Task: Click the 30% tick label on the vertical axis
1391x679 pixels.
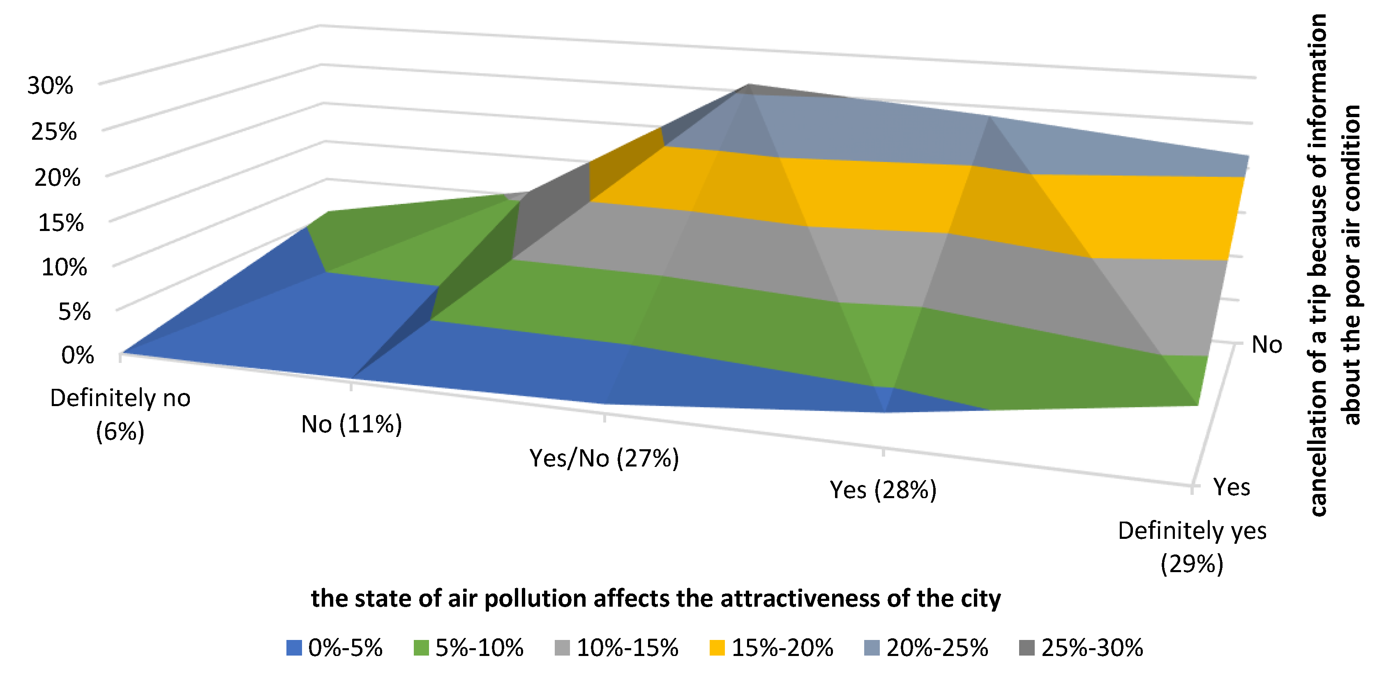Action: point(50,85)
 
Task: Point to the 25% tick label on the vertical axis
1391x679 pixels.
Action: point(54,131)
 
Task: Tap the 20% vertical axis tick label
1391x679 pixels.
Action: point(57,177)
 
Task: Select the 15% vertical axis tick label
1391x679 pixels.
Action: point(61,222)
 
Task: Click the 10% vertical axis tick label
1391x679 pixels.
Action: point(64,267)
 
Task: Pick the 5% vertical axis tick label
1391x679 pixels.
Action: point(74,312)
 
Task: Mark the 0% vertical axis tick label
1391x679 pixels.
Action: point(78,356)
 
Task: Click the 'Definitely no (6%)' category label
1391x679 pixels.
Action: point(120,414)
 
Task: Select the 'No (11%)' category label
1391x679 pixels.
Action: point(351,425)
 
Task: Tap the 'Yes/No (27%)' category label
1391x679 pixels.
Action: point(604,458)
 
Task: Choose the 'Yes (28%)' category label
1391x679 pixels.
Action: point(883,490)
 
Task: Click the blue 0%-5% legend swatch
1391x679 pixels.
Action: point(294,648)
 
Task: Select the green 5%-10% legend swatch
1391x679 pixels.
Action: point(421,648)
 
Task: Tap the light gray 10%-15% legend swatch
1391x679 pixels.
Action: point(562,648)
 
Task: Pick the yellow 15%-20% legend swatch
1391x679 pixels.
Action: point(717,648)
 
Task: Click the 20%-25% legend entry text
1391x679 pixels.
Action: point(937,648)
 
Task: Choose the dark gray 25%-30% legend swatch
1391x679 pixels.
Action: point(1027,648)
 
